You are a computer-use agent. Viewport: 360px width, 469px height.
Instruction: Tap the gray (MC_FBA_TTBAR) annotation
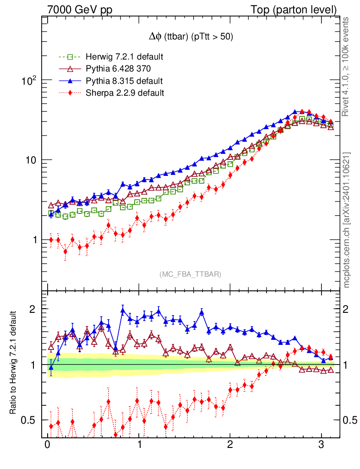[191, 274]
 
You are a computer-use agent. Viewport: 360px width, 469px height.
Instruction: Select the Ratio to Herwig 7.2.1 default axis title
[13, 364]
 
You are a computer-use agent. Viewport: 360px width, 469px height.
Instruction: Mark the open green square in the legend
[70, 57]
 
